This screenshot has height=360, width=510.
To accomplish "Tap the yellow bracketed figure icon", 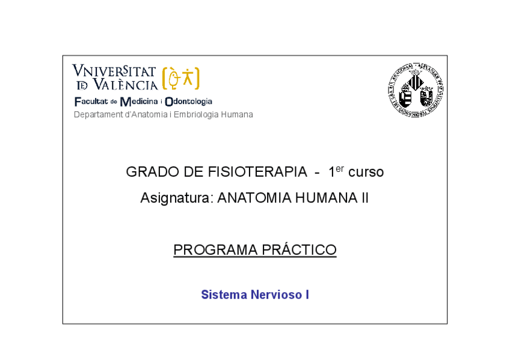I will coord(180,78).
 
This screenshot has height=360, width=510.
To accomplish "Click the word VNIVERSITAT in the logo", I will coord(114,72).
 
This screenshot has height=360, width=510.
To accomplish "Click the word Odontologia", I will coord(188,102).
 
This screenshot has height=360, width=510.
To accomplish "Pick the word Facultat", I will coord(91,102).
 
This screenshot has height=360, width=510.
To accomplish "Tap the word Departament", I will coord(97,115).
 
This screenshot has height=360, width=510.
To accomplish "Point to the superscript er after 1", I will coord(340,168).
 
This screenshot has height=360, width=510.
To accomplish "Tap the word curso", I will coord(366,172).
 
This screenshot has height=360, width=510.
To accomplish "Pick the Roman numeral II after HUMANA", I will coord(364,198).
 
